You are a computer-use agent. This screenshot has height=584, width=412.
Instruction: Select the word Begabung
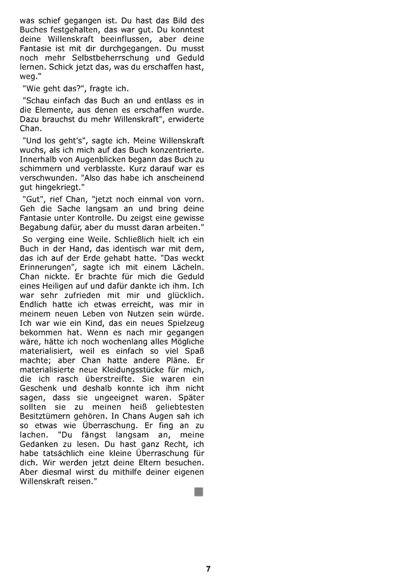tap(41, 226)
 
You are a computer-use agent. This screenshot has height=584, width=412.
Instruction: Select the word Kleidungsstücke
tap(126, 370)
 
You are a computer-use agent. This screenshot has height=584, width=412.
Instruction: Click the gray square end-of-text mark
tap(199, 492)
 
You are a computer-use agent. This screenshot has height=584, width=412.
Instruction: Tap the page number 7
tap(208, 569)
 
